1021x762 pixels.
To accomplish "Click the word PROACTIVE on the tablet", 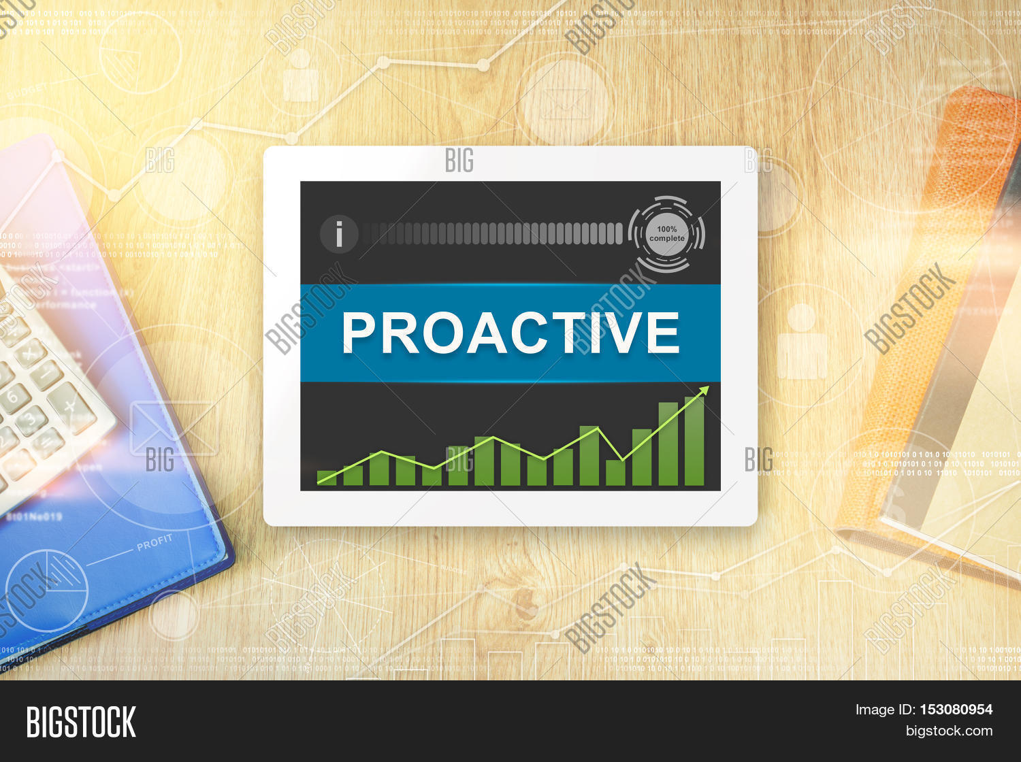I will point(510,333).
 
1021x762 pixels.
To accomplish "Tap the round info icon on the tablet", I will point(339,234).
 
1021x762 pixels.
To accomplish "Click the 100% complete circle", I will point(667,234).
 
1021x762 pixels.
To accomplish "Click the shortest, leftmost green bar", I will point(327,478).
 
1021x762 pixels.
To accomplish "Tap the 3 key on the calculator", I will point(31,419).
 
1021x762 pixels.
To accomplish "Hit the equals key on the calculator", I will point(48,442).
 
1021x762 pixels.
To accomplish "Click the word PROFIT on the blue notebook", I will point(155,542).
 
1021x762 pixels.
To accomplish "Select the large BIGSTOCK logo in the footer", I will point(81,722).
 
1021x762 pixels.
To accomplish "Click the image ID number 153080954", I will point(956,710).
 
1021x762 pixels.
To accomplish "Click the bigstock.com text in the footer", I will point(949,731).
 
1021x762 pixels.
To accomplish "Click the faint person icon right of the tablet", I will point(802,344).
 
